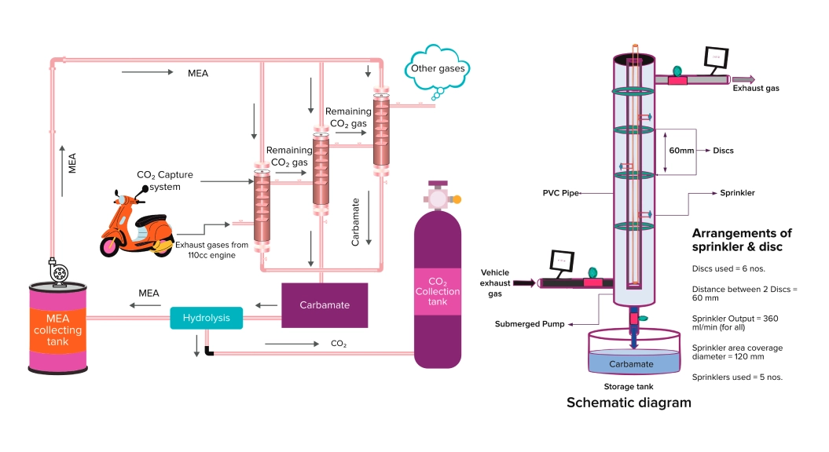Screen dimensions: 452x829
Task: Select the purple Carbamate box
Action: coord(325,304)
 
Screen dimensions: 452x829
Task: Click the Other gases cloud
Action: coord(438,69)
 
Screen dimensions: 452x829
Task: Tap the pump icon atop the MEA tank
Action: coord(59,272)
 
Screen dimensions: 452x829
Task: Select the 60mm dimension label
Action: coord(680,150)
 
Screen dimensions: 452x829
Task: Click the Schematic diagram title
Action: coord(629,403)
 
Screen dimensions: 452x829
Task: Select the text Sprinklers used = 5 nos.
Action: coord(736,377)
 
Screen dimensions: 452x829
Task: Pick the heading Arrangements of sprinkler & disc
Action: coord(742,240)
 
